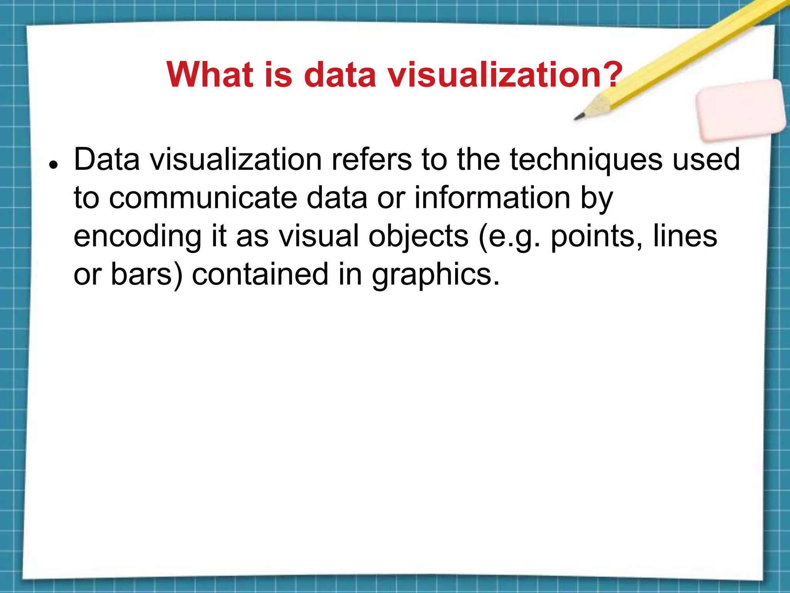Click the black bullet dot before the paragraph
coord(54,164)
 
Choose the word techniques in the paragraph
coord(586,160)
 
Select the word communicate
coord(203,198)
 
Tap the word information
coord(492,198)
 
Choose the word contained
coord(260,274)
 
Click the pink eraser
coord(741,110)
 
